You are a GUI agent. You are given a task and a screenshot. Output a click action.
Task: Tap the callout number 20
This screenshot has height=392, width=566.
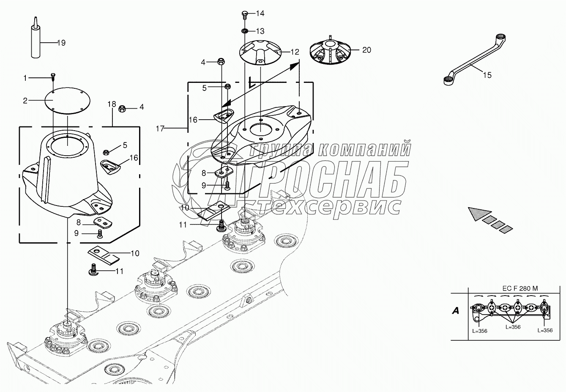366,50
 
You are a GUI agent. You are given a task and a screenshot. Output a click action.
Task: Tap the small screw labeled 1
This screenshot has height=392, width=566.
53,76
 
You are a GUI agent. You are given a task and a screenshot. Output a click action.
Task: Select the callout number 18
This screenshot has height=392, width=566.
111,104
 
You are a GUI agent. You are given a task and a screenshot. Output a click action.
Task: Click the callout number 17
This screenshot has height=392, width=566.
160,129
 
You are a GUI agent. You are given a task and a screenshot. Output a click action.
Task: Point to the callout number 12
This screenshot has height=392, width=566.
295,52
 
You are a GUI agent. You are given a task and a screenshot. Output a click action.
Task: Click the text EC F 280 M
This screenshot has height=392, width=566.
520,288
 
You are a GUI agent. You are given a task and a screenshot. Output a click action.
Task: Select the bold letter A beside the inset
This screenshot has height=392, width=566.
455,311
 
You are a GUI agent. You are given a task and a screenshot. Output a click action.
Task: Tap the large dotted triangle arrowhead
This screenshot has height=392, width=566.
479,213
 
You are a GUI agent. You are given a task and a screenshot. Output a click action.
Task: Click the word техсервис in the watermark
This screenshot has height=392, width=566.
330,206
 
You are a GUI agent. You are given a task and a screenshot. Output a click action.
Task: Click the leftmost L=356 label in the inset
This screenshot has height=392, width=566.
480,331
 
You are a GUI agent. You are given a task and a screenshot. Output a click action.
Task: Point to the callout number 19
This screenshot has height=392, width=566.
61,43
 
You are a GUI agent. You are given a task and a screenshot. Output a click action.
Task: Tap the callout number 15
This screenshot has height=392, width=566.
487,75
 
